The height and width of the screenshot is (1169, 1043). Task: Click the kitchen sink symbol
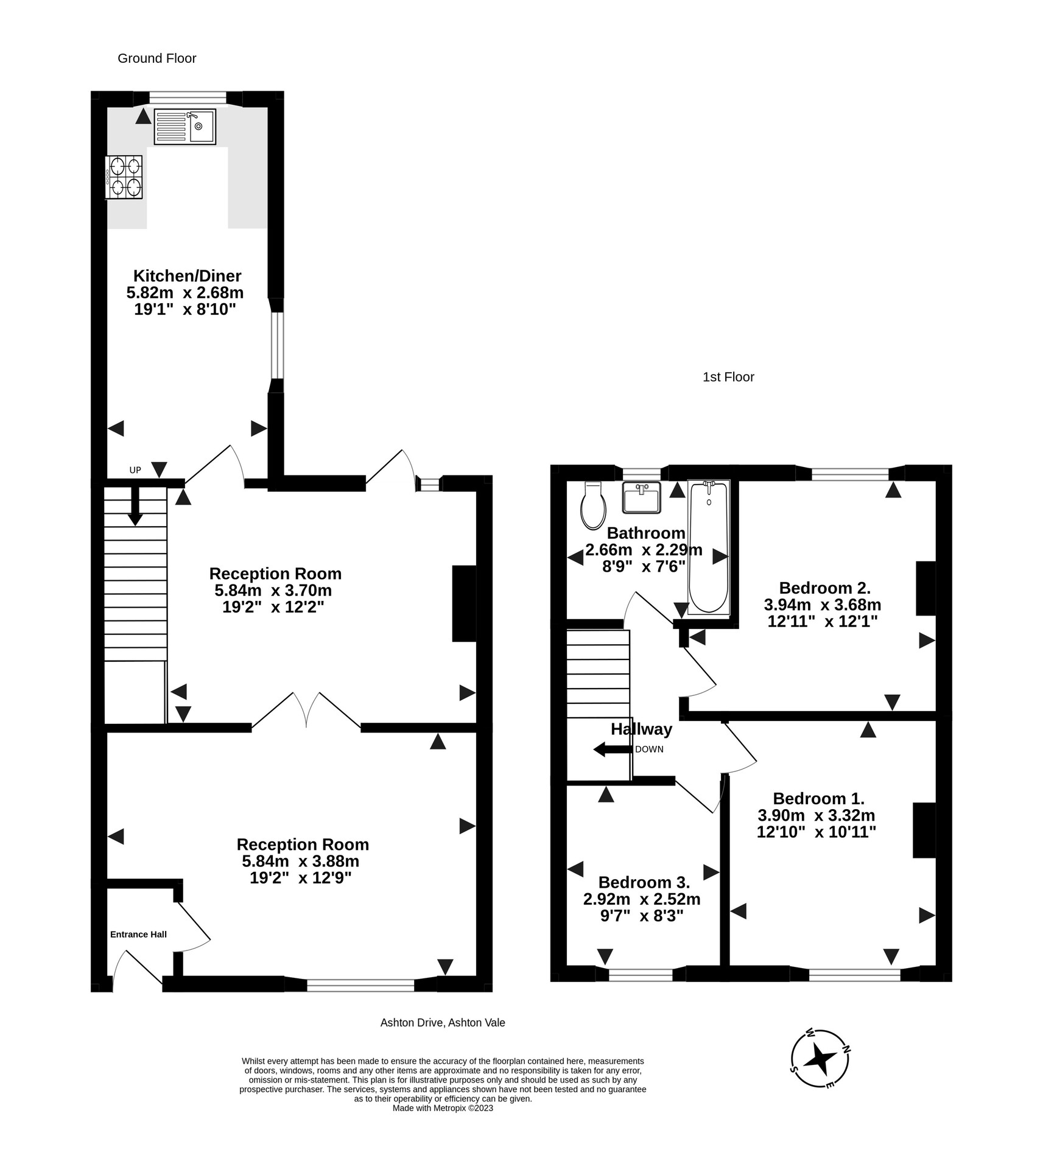coord(184,127)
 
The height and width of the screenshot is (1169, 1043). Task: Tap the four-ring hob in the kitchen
coord(124,177)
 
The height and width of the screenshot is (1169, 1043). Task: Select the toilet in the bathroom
coord(593,506)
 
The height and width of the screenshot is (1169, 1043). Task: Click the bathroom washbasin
coord(642,497)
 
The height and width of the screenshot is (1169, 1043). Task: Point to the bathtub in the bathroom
coord(708,546)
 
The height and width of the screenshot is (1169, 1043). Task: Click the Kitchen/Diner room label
coord(187,276)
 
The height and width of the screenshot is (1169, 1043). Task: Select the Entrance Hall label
coord(138,934)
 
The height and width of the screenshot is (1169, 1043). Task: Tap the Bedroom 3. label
coord(644,882)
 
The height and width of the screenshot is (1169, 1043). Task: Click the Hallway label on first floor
coord(641,729)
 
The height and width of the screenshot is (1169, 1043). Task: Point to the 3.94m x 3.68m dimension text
coord(822,605)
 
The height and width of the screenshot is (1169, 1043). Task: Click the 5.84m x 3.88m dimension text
coord(300,862)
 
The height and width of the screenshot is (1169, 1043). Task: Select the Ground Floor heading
coord(156,58)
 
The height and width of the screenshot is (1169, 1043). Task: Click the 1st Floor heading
coord(728,377)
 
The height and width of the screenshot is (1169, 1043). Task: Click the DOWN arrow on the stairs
coord(613,749)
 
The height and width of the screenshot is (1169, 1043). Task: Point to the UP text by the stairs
coord(135,470)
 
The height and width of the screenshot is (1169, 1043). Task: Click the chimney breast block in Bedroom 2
coord(925,588)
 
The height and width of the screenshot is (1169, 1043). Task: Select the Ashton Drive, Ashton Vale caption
coord(443,1023)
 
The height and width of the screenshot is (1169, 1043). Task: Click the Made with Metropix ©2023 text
coord(443,1108)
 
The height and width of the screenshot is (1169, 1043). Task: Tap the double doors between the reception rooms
coord(306,711)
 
